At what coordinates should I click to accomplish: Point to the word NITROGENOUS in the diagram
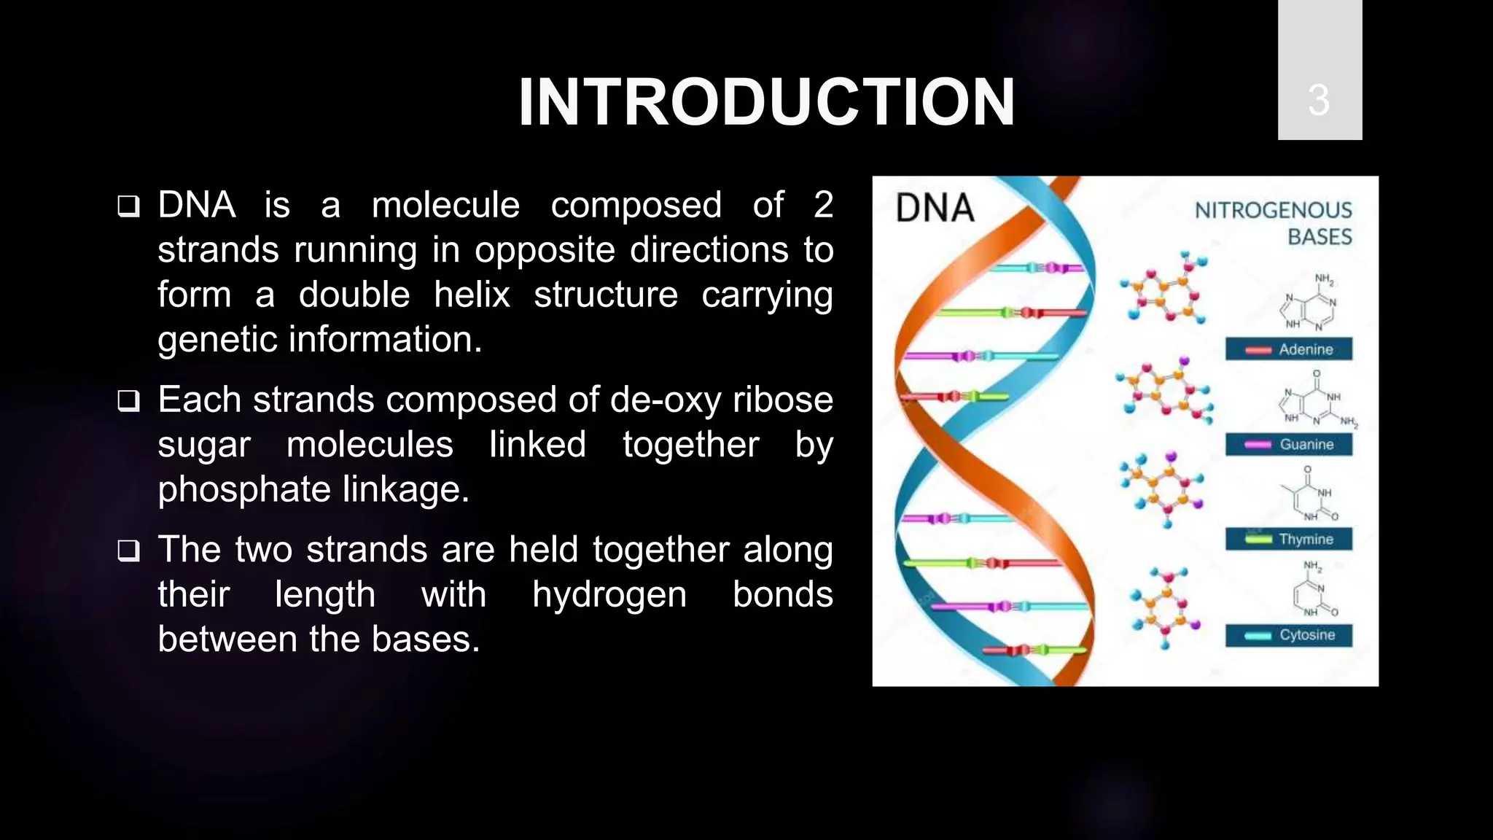pyautogui.click(x=1273, y=210)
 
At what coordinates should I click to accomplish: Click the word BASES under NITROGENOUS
pyautogui.click(x=1319, y=237)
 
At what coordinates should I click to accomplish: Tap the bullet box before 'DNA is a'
pyautogui.click(x=128, y=206)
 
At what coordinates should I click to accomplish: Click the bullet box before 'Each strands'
pyautogui.click(x=128, y=401)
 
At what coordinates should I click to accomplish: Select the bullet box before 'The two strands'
pyautogui.click(x=128, y=551)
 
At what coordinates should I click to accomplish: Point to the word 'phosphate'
pyautogui.click(x=243, y=489)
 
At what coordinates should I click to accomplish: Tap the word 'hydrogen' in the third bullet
pyautogui.click(x=609, y=594)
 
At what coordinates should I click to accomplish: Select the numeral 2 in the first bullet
pyautogui.click(x=823, y=205)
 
